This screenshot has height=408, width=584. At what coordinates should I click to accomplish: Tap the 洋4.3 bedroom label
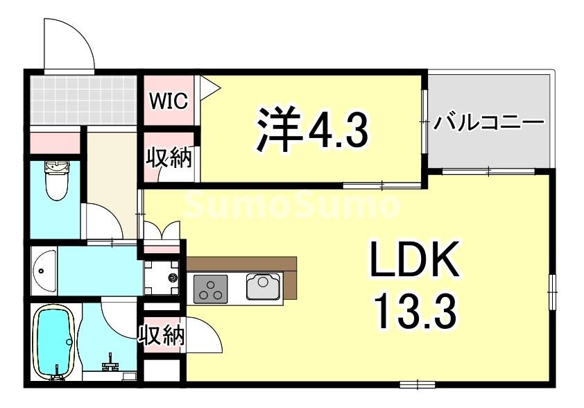(311, 128)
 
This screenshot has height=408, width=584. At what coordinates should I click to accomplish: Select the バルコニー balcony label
(488, 124)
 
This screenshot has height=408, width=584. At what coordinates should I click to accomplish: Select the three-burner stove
(211, 288)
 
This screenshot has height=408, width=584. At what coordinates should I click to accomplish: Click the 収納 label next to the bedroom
(169, 159)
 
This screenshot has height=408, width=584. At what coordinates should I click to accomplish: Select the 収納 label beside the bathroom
(162, 336)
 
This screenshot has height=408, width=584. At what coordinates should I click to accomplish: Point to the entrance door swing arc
(69, 42)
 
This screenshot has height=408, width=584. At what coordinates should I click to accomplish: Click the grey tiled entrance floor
(83, 99)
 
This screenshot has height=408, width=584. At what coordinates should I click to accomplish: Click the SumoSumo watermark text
(292, 205)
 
